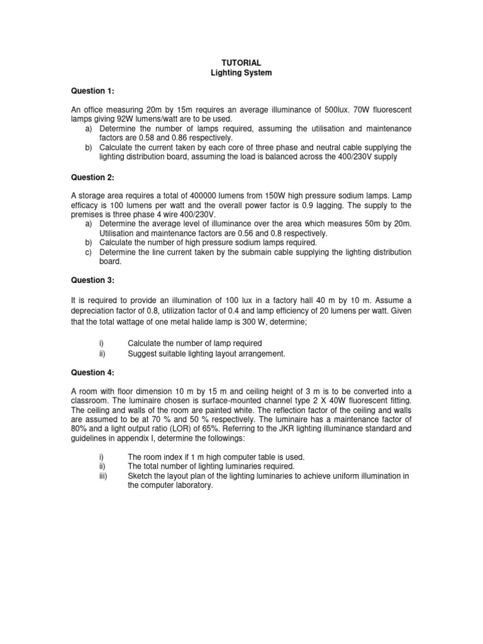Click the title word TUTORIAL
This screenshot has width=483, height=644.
pyautogui.click(x=241, y=64)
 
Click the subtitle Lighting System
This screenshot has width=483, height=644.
pyautogui.click(x=241, y=73)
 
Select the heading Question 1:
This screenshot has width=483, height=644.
pyautogui.click(x=95, y=91)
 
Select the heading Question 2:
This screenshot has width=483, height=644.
pyautogui.click(x=95, y=178)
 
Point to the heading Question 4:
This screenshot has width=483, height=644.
pyautogui.click(x=95, y=372)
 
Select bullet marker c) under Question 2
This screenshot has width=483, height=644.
pyautogui.click(x=88, y=252)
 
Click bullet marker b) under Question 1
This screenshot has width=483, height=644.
pyautogui.click(x=88, y=147)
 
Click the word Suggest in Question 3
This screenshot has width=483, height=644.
pyautogui.click(x=143, y=353)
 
